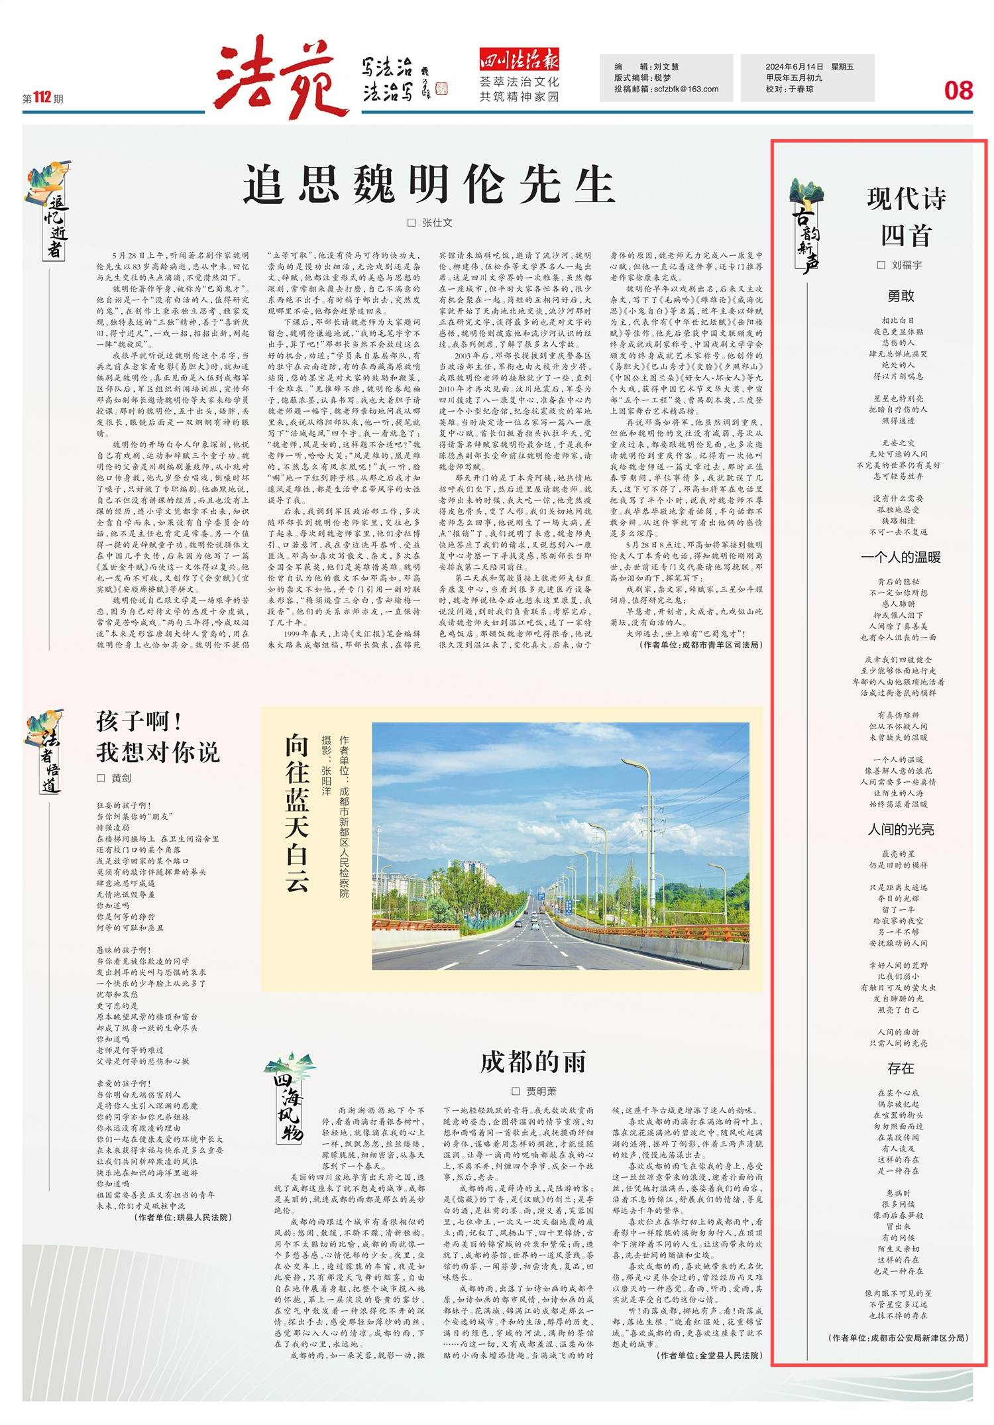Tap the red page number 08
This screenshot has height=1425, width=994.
click(x=958, y=90)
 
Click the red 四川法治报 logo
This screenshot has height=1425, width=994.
click(x=519, y=61)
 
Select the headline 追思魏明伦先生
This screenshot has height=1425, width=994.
click(x=429, y=184)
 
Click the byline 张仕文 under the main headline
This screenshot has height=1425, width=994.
click(x=437, y=223)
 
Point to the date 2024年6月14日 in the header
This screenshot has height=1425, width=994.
click(x=794, y=66)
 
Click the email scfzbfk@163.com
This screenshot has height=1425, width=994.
click(x=686, y=89)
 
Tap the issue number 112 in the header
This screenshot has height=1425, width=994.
click(x=42, y=97)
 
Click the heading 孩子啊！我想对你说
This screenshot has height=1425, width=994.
click(x=158, y=736)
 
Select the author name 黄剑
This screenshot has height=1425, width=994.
click(x=121, y=778)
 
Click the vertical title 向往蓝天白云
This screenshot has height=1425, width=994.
click(x=296, y=813)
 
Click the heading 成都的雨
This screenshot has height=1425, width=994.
click(x=533, y=1061)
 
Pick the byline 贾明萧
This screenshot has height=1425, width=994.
click(x=541, y=1091)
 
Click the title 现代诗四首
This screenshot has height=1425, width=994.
click(x=906, y=217)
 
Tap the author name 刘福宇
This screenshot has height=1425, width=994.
click(x=906, y=265)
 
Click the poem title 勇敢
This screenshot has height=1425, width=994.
click(x=901, y=296)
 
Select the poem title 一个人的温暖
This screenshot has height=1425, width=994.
click(x=901, y=557)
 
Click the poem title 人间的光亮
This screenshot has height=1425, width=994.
click(x=901, y=829)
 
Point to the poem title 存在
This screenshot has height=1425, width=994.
click(x=901, y=1068)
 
